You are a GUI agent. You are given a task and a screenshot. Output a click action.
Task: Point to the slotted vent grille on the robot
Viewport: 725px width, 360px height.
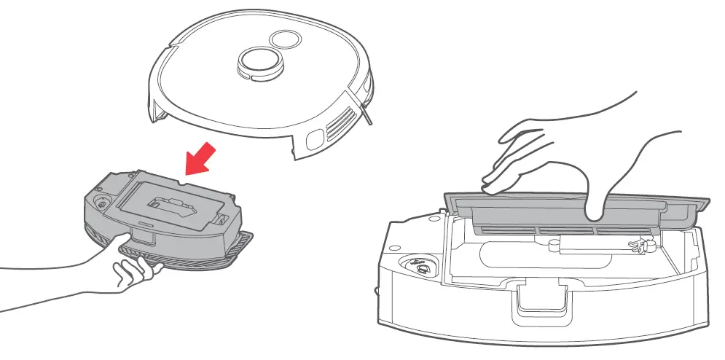tap(343, 123)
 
